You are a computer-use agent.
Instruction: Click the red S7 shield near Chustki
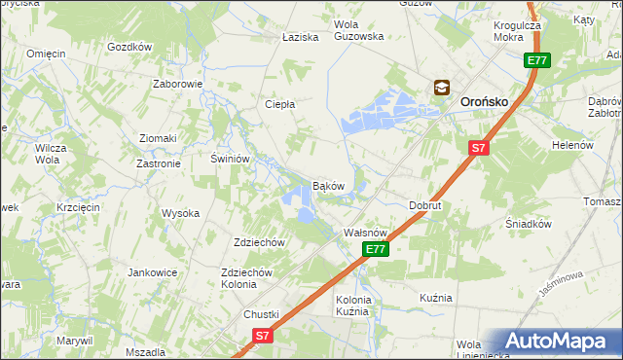262,335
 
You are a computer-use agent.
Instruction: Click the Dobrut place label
425,206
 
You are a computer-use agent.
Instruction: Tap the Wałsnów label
367,234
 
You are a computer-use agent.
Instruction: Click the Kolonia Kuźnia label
351,306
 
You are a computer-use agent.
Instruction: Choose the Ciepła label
280,103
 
